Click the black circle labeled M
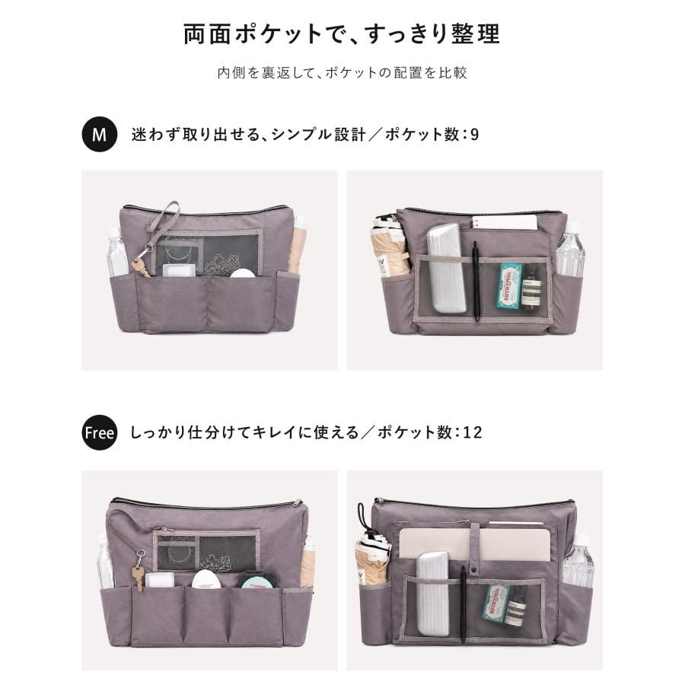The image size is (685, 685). [99, 134]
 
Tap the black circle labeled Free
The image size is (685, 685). [99, 432]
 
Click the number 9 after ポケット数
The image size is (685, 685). [474, 135]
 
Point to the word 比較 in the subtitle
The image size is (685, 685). [454, 72]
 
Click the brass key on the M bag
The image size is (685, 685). [141, 267]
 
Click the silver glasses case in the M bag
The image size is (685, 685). [446, 269]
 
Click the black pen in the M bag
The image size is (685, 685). [476, 281]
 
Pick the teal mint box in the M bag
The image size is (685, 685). [509, 286]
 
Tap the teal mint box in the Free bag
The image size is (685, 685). [495, 603]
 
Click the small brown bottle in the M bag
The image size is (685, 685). [530, 287]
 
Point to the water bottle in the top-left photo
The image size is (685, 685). [116, 253]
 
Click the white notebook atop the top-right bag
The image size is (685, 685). [505, 222]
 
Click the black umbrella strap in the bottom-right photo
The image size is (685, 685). [361, 517]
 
